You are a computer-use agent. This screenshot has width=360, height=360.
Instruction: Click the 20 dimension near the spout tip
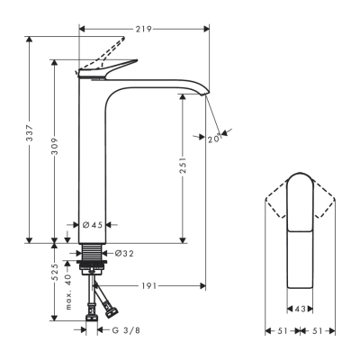[x=212, y=139]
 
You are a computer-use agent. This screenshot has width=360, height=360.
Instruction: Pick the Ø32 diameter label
[x=124, y=254]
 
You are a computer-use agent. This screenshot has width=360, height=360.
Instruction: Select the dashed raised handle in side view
[x=103, y=51]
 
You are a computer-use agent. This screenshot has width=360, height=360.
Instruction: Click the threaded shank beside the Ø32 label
[x=93, y=256]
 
